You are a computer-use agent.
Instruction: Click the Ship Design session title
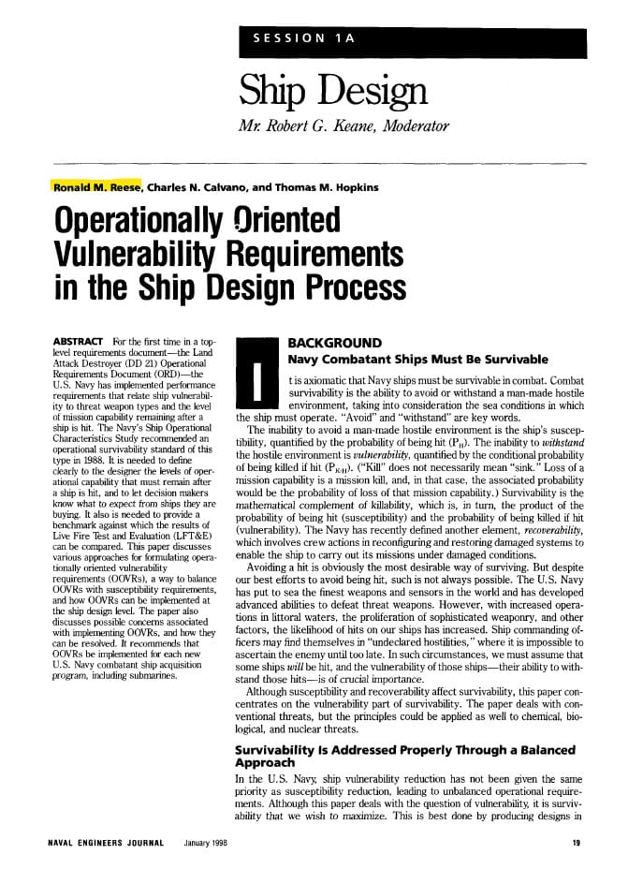[333, 90]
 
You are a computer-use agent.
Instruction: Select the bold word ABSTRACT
[79, 342]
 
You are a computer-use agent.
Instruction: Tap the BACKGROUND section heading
[334, 343]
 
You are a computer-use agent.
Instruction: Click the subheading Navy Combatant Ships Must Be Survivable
[417, 359]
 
